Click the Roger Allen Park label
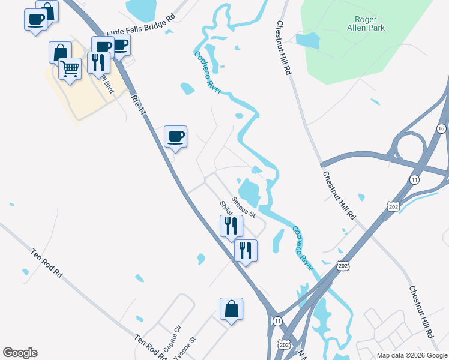pyautogui.click(x=366, y=23)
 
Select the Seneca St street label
pyautogui.click(x=244, y=208)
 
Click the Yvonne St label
pyautogui.click(x=185, y=348)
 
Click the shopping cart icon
pyautogui.click(x=70, y=69)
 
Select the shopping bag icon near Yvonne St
pyautogui.click(x=231, y=310)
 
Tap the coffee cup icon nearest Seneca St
pyautogui.click(x=176, y=136)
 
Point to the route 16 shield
pyautogui.click(x=441, y=129)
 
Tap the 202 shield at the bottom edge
pyautogui.click(x=284, y=343)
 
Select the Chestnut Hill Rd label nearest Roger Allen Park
pyautogui.click(x=283, y=48)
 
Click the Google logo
pyautogui.click(x=20, y=353)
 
